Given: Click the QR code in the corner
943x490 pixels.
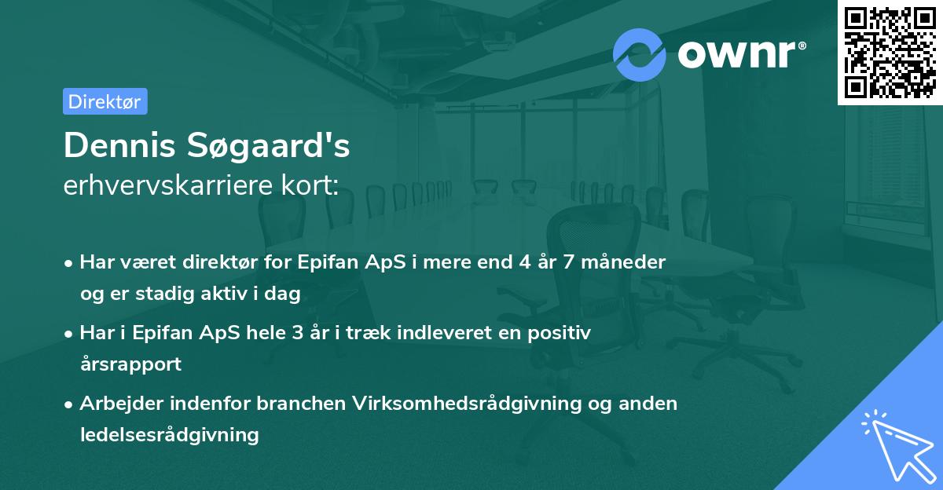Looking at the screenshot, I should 890,52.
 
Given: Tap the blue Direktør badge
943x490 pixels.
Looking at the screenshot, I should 105,101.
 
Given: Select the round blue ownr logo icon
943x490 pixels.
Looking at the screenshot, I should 640,54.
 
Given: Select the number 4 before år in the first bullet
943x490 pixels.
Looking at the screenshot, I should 523,262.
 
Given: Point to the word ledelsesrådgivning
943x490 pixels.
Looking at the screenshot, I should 169,434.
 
